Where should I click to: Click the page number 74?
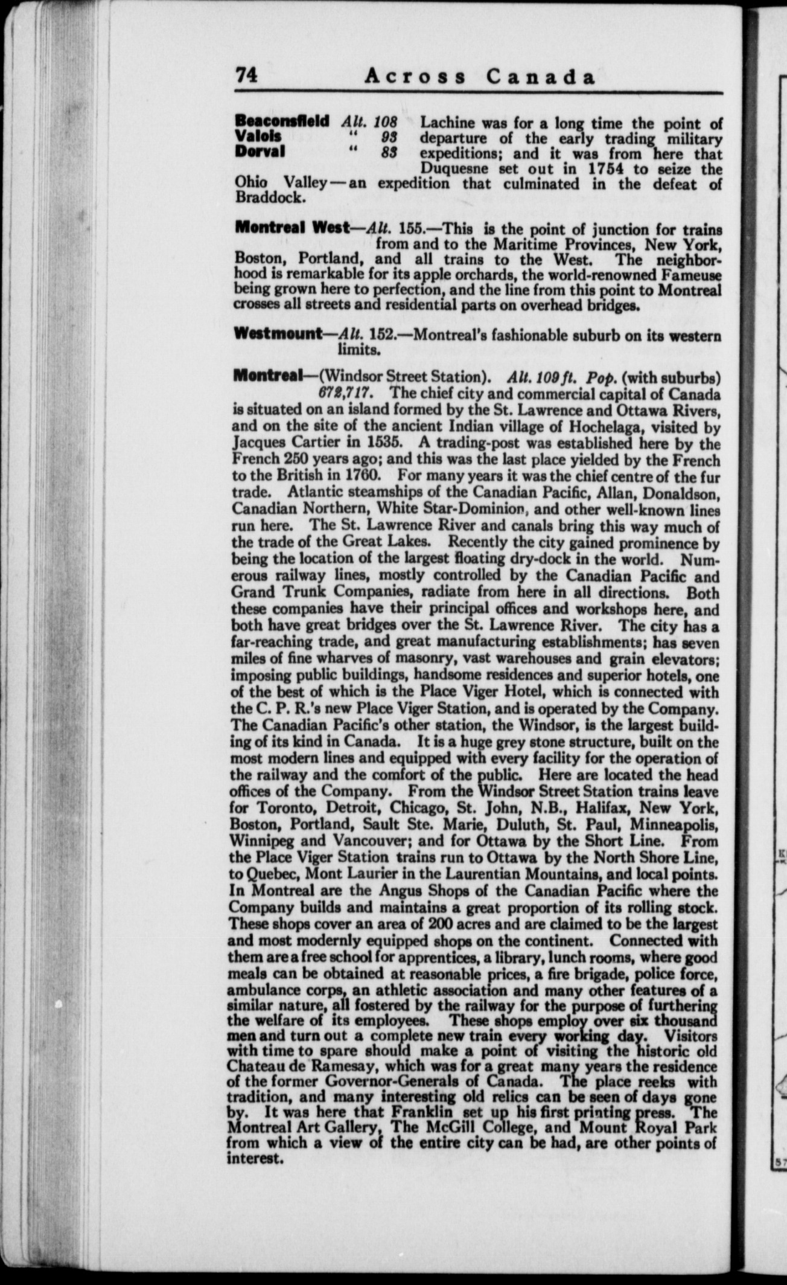coord(246,77)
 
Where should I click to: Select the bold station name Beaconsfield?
coord(281,121)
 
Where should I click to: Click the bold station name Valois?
coord(258,136)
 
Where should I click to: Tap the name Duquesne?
coord(457,168)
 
